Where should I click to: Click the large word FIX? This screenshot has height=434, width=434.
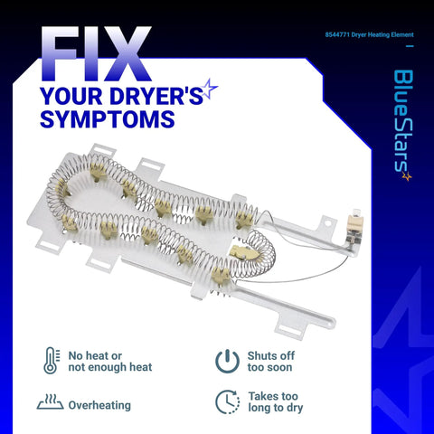coord(96,54)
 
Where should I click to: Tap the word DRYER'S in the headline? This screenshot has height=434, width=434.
coord(156,96)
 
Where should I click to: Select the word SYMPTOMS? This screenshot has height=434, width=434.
coord(107,119)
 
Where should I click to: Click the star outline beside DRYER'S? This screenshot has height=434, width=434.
coord(209,88)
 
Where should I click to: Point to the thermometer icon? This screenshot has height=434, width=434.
coord(52,361)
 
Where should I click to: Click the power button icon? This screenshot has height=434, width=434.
coord(228,361)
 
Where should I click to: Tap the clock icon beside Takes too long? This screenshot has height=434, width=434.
coord(228,401)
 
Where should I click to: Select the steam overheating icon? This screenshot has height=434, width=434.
coord(50,401)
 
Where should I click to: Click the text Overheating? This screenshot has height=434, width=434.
coord(99,405)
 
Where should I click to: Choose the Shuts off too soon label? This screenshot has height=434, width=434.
coord(270,362)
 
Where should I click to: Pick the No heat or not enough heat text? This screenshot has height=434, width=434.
coord(110,362)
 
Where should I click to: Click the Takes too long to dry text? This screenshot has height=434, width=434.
coord(276,401)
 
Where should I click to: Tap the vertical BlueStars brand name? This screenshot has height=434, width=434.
coord(403,121)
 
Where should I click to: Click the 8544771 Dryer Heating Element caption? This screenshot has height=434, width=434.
coord(369,34)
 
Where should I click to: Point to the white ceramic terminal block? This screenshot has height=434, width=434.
coord(354,223)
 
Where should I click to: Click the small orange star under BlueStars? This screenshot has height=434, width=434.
coord(407,176)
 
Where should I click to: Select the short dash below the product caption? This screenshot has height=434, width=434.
coord(410,46)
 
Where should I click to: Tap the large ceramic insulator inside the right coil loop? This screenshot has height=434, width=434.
coord(243,252)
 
